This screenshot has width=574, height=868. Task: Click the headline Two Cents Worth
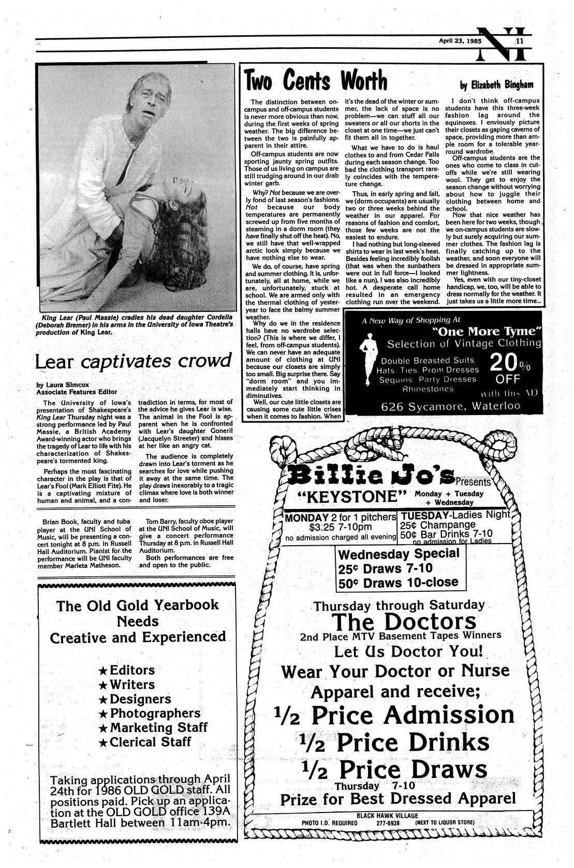coord(316,80)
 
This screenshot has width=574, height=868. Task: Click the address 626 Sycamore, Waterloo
coord(450,406)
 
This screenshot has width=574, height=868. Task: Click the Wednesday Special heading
coord(399,553)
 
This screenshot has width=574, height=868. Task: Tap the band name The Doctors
coord(403,621)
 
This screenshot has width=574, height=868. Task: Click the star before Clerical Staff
coord(102,742)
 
